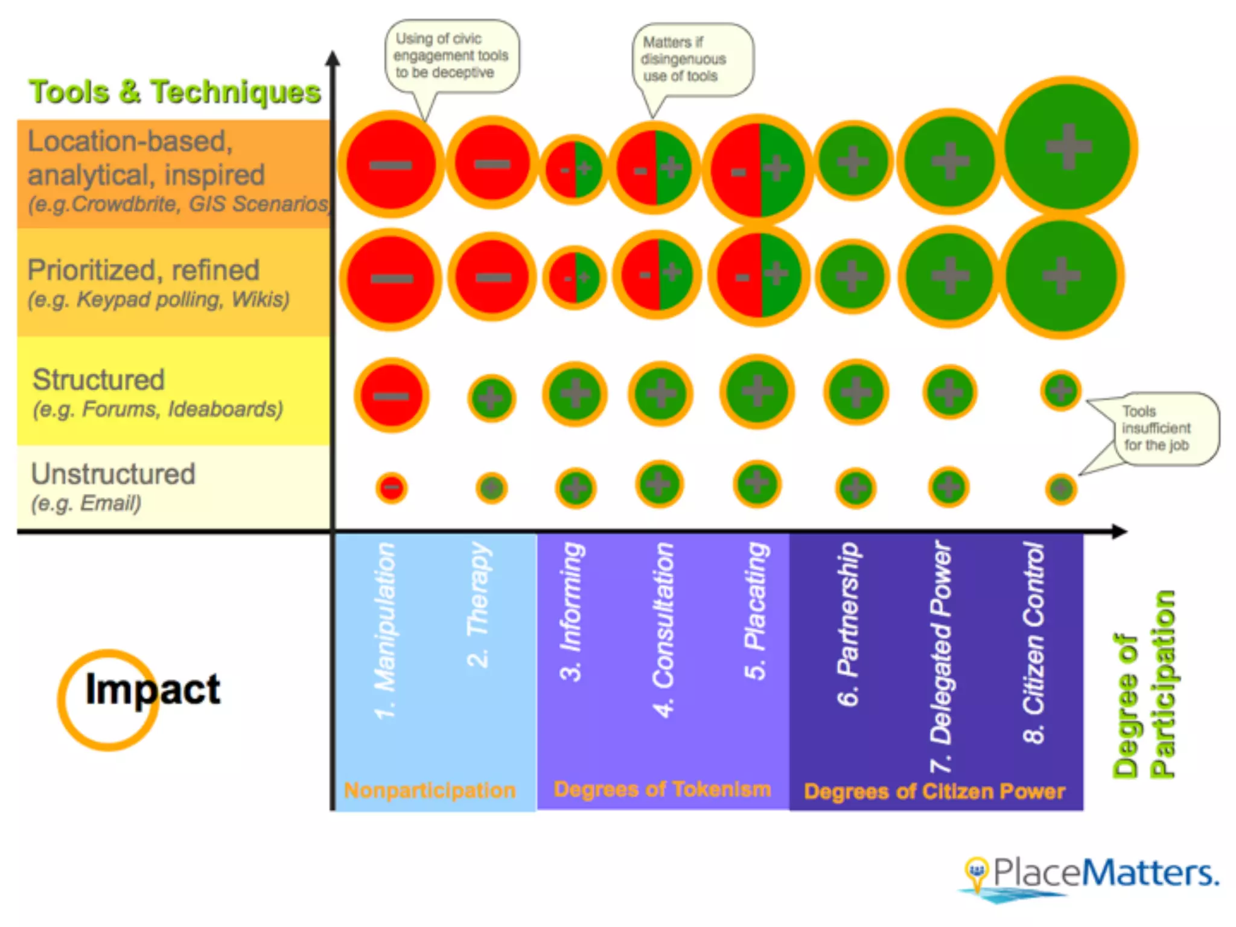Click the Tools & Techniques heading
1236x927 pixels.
[175, 92]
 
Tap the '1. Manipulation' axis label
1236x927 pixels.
[386, 631]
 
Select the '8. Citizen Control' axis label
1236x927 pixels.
[1034, 643]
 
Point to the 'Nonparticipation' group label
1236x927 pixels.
[430, 790]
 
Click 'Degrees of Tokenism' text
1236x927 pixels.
[662, 789]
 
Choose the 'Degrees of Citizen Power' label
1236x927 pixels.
[934, 791]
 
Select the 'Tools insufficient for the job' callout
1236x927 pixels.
[1156, 428]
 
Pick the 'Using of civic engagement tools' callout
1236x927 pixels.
[451, 56]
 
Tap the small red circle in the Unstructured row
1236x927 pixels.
[392, 488]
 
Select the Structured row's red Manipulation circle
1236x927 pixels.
[392, 396]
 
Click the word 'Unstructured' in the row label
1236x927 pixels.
[113, 474]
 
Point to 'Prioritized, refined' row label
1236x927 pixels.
[144, 270]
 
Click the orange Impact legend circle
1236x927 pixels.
[108, 700]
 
